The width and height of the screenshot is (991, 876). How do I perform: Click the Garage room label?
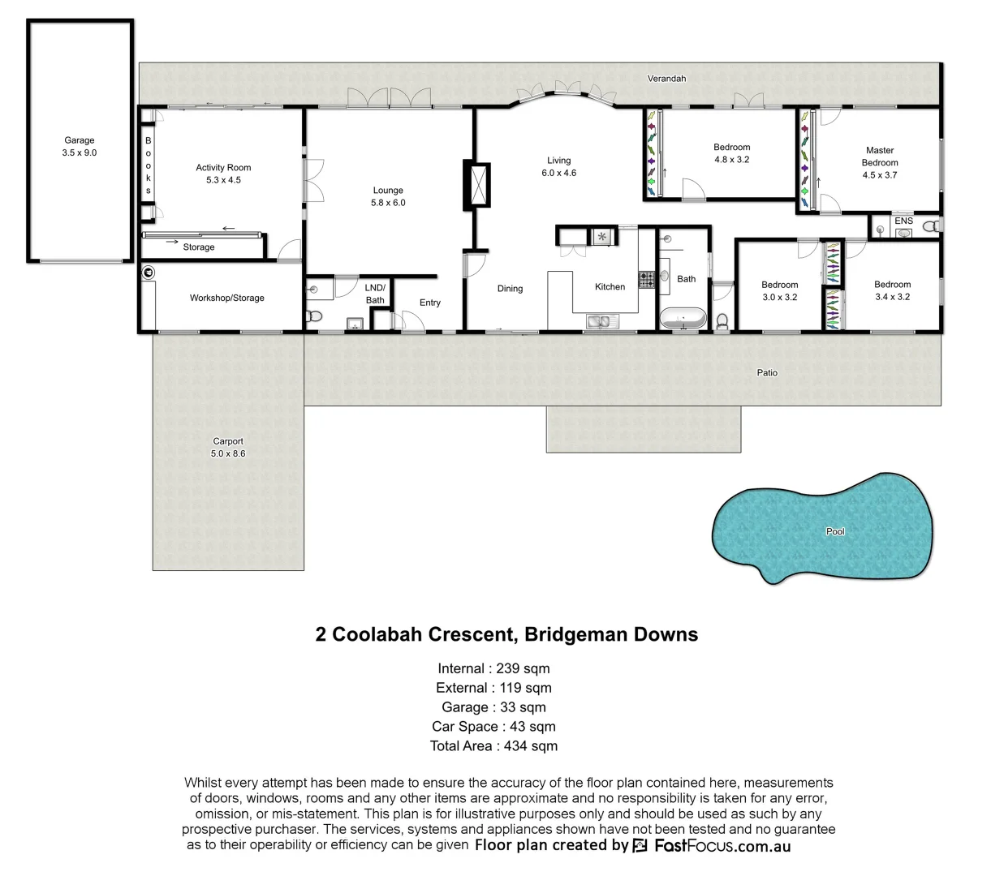80,140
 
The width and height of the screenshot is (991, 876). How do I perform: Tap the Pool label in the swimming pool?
835,531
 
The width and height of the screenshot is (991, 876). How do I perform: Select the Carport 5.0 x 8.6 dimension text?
227,453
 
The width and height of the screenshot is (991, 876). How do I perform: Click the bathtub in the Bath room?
683,318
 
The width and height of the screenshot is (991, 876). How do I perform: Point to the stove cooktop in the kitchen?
647,280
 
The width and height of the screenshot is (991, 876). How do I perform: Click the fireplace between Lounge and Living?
476,185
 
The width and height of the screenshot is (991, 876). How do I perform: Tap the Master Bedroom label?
880,157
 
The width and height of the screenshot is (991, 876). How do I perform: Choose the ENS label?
903,221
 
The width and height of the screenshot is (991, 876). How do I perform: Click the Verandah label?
666,79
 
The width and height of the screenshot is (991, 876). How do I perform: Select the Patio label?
767,373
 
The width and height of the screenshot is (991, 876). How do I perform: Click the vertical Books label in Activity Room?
149,165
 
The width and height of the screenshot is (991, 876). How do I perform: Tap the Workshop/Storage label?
227,298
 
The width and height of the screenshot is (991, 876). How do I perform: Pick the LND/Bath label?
375,294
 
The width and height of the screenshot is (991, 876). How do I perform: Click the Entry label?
430,303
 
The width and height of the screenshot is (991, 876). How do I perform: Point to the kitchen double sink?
601,323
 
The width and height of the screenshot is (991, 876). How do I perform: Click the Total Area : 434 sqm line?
493,745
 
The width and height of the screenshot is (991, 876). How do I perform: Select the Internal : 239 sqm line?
493,668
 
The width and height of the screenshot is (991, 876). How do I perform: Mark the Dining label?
510,289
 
